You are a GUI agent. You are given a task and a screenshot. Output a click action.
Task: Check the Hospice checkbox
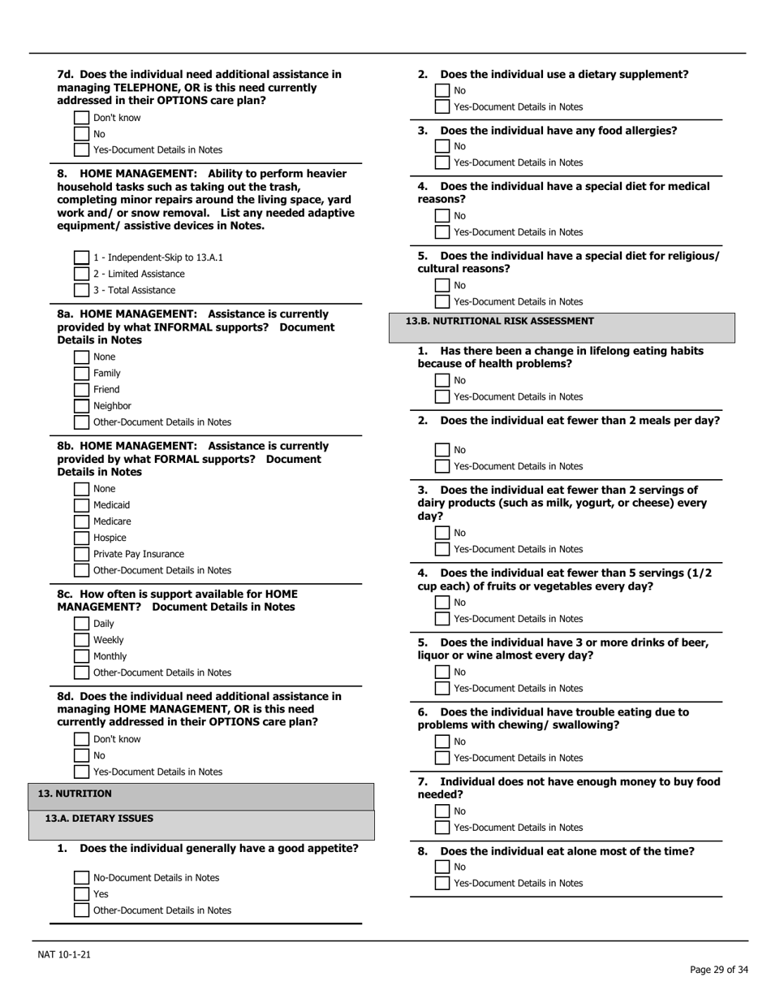point(81,538)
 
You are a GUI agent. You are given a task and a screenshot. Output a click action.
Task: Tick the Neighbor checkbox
point(81,406)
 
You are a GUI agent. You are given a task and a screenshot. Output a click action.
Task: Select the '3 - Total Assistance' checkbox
point(81,290)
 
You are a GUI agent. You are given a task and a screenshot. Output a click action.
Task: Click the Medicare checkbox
point(81,521)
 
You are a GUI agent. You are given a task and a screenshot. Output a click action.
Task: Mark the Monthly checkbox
point(81,656)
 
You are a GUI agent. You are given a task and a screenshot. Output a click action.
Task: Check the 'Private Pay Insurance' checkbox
point(81,554)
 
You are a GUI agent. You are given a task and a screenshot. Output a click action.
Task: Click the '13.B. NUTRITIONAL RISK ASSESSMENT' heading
point(499,321)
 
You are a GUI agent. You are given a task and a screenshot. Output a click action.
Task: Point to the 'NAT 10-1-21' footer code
point(64,954)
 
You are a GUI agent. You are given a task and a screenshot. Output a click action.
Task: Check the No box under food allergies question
point(442,146)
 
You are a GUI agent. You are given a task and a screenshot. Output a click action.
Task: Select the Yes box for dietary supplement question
point(442,106)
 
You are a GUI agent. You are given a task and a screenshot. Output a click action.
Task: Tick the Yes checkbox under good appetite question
point(81,894)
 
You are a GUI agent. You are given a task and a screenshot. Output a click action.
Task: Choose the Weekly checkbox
point(81,640)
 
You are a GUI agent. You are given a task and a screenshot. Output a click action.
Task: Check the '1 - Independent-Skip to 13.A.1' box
point(81,257)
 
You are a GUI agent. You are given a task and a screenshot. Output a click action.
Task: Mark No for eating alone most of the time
point(442,867)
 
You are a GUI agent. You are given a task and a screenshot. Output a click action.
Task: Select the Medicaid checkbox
point(81,505)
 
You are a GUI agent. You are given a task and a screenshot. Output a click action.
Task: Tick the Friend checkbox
point(81,390)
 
